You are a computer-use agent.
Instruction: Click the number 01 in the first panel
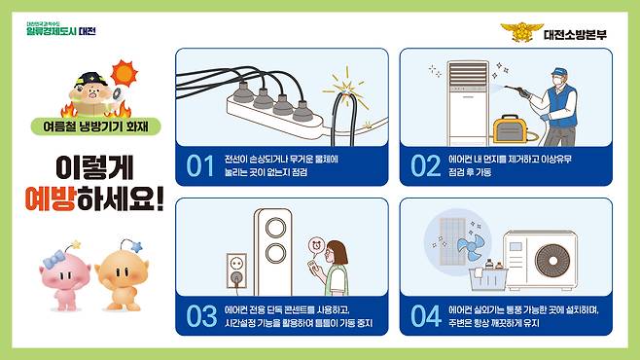pyautogui.click(x=199, y=165)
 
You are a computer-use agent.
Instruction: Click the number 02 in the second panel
pyautogui.click(x=426, y=165)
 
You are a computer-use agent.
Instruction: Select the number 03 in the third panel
pyautogui.click(x=199, y=314)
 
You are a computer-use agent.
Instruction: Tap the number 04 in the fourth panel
pyautogui.click(x=426, y=314)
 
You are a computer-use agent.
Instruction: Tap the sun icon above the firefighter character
pyautogui.click(x=124, y=72)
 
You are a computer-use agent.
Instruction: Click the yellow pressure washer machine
pyautogui.click(x=508, y=129)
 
